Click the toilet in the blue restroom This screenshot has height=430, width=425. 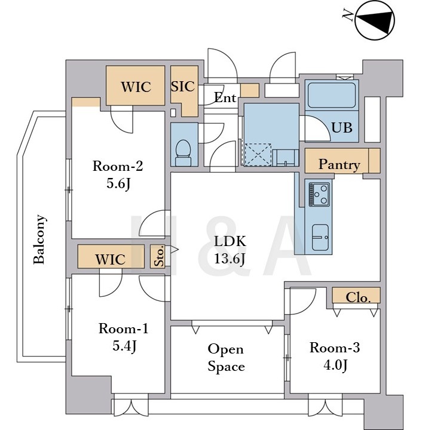tap(183, 152)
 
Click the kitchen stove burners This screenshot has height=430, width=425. tap(319, 195)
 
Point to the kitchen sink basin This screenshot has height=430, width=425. tap(320, 237)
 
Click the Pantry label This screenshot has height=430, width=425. tap(340, 165)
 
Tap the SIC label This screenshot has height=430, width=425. tap(183, 87)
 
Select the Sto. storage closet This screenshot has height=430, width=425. tap(158, 256)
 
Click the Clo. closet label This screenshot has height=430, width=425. tap(357, 297)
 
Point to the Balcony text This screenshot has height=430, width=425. tap(39, 239)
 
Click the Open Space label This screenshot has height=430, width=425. tap(226, 358)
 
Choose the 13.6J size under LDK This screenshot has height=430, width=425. tap(230, 259)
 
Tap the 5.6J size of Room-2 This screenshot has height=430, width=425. tap(118, 183)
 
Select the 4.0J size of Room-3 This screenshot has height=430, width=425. tap(335, 365)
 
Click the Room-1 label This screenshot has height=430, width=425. tap(123, 328)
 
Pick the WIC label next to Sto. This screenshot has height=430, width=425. tap(111, 259)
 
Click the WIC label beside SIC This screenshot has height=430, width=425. tap(136, 87)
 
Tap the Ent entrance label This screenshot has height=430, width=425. tap(225, 97)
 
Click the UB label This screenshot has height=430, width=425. tap(341, 128)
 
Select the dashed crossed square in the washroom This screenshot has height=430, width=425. tap(258, 155)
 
